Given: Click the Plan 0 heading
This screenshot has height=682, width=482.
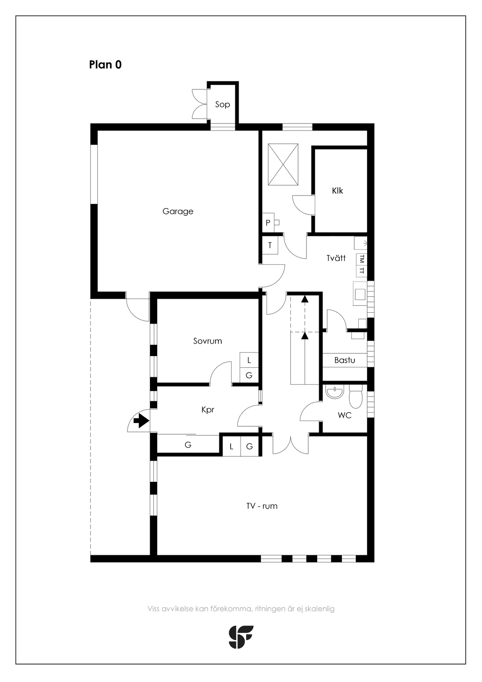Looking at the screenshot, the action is [x=105, y=65].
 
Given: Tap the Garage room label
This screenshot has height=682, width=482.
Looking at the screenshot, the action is [x=178, y=211].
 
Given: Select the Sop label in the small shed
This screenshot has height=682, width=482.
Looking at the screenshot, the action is [x=223, y=105].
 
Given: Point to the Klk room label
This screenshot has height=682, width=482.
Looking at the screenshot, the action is [x=337, y=191].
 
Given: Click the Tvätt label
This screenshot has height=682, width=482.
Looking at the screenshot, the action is [x=336, y=258].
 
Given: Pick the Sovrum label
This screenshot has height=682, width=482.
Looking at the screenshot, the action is [x=208, y=341].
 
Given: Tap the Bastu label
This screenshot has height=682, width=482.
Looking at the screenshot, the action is [x=345, y=360].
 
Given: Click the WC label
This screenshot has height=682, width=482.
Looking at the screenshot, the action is [x=345, y=415].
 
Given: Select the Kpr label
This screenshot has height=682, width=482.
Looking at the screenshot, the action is [x=208, y=410].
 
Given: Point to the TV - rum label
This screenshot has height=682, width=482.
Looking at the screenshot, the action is [x=262, y=506].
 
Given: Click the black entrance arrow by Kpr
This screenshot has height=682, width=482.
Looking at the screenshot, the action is [x=141, y=421].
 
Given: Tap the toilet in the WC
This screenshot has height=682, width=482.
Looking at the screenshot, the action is [x=355, y=396].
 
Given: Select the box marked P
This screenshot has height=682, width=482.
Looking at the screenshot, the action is [x=268, y=223].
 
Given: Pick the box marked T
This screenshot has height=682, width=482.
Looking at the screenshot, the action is [x=270, y=245].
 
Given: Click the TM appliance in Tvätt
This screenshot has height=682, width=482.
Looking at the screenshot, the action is [x=361, y=259].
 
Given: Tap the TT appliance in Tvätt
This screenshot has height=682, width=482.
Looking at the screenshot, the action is [x=361, y=271].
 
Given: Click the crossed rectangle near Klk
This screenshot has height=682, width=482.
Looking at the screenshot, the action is [x=283, y=164].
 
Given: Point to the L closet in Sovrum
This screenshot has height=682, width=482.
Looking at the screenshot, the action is [x=249, y=360].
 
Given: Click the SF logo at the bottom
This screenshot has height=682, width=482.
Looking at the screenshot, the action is [x=241, y=637].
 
